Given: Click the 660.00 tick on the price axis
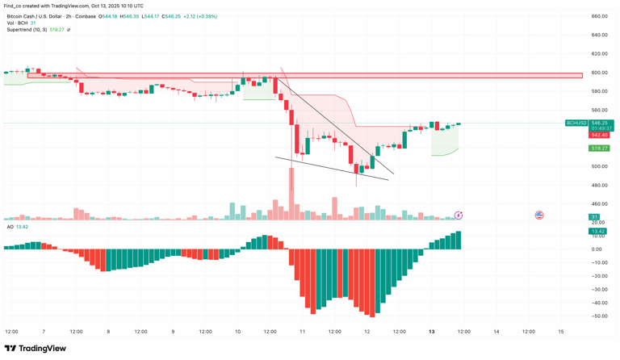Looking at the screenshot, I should click(x=598, y=16).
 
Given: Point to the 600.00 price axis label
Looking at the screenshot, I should click(x=598, y=73).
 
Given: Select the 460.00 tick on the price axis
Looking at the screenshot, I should click(x=598, y=204).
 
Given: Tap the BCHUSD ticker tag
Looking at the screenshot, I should click(x=576, y=123).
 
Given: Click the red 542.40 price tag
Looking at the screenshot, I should click(x=599, y=135).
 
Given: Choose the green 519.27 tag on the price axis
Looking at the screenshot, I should click(x=599, y=149).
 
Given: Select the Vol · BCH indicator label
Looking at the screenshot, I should click(x=17, y=23).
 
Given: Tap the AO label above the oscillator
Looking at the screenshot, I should click(x=10, y=227).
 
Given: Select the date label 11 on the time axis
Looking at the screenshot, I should click(x=302, y=332).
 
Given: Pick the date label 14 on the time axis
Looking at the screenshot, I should click(x=496, y=332).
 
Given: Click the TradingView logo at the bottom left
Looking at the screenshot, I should click(x=36, y=349).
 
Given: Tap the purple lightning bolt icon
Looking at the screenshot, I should click(x=459, y=216).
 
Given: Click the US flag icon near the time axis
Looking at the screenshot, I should click(x=539, y=216).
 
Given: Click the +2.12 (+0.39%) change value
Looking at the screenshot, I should click(x=200, y=16).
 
